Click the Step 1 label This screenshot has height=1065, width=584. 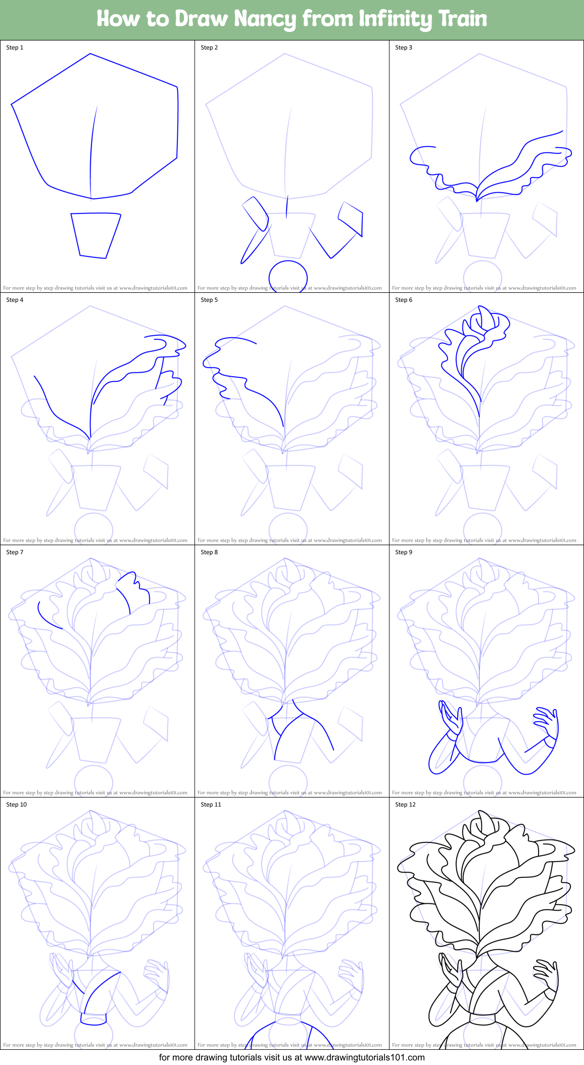tap(15, 48)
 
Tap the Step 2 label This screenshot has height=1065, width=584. tap(209, 48)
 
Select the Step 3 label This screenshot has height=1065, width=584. tap(404, 48)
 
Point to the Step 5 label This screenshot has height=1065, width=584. tap(209, 300)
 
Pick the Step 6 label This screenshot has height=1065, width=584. tap(404, 300)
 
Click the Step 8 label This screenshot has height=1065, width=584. tap(209, 552)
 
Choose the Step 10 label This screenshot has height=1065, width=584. tap(16, 805)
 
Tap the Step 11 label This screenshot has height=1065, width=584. tap(211, 805)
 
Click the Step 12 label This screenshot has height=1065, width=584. tap(405, 805)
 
